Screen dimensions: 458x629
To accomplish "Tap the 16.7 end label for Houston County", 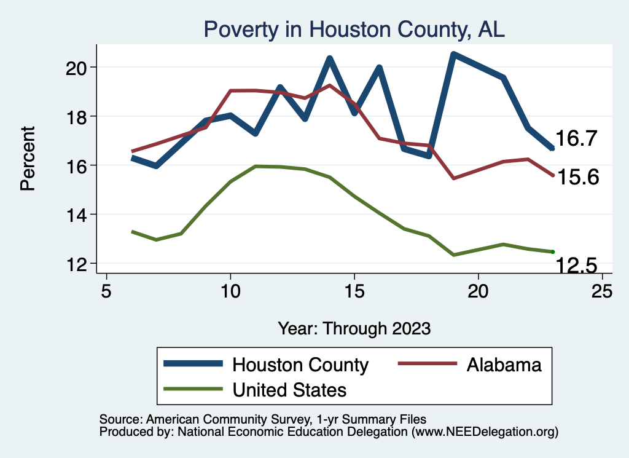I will tap(577, 139).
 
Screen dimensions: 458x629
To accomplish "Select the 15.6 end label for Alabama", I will tap(577, 178).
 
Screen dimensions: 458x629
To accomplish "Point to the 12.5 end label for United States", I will tap(577, 266).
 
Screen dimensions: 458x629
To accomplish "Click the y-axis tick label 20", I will tap(78, 67).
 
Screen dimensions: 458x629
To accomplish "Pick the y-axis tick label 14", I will tap(78, 215).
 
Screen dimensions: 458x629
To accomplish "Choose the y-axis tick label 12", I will tap(78, 264).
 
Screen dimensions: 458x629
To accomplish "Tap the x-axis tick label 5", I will tap(107, 291).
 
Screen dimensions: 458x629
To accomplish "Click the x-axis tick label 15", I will tap(354, 291).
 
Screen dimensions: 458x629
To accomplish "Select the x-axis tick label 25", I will tap(602, 291).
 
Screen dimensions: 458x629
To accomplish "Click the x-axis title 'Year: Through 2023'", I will tap(354, 328).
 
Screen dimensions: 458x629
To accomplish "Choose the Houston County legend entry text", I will tap(300, 365).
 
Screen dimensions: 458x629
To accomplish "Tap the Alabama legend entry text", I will tap(504, 365).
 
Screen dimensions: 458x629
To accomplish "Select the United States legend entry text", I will tap(289, 389).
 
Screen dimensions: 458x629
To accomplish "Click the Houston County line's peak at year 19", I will tap(453, 55).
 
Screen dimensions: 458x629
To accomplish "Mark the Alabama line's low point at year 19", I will tap(453, 178).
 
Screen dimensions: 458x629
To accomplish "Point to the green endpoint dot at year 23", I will tap(552, 251).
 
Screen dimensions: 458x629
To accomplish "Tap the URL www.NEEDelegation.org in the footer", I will tap(485, 432).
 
